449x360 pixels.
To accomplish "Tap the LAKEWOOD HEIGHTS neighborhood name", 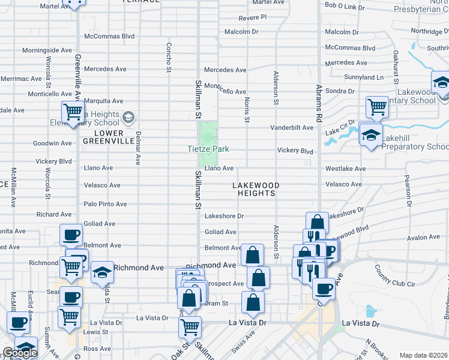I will (255, 190).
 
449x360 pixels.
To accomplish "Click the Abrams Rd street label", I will (319, 97).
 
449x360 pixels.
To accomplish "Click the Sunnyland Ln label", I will (364, 77).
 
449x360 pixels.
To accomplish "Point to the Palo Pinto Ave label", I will (105, 204).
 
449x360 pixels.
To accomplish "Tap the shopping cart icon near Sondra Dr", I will (377, 107).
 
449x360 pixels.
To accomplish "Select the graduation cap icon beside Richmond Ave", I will (103, 272).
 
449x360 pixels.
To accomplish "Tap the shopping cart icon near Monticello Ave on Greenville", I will (73, 112).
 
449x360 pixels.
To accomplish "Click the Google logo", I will (20, 353).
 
